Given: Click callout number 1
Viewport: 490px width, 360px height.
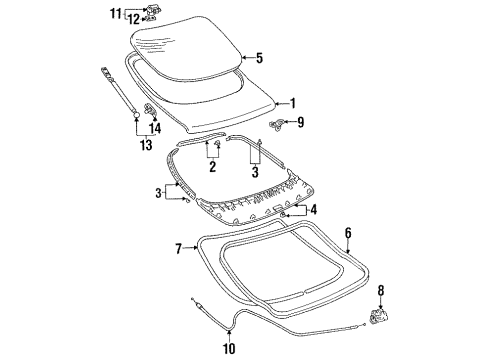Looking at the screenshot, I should click(292, 103).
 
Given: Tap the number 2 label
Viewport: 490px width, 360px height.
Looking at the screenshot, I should click(212, 167).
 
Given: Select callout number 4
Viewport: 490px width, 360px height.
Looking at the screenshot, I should click(314, 210).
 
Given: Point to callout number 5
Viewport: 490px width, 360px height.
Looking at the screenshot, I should click(259, 58).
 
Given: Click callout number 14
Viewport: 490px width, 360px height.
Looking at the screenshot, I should click(155, 128).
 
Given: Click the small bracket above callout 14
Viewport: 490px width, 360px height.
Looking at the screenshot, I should click(150, 108).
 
